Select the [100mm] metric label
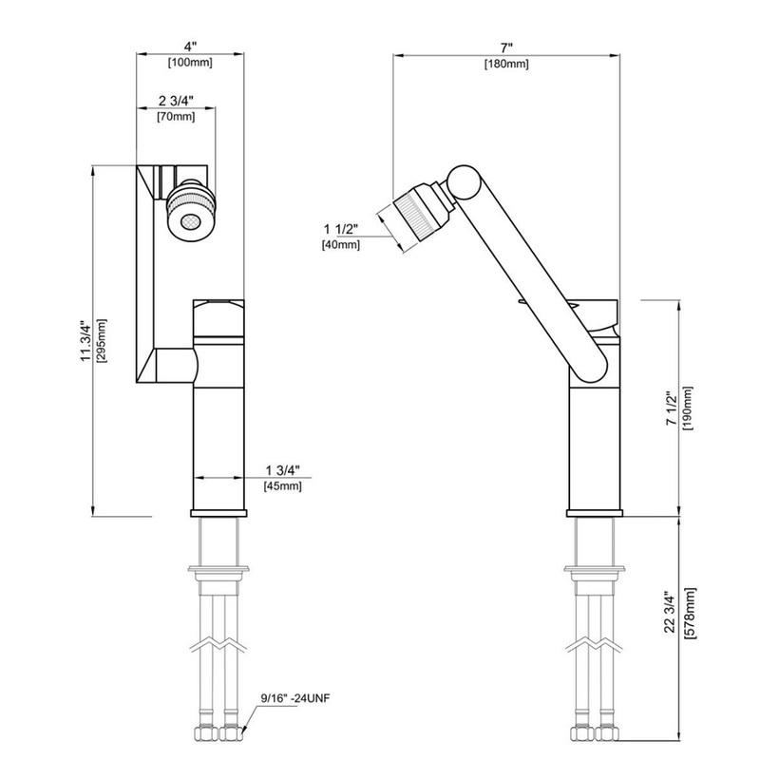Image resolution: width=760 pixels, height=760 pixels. (190, 63)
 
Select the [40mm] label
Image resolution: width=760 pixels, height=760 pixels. (342, 245)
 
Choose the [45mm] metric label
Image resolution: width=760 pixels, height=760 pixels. (282, 486)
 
